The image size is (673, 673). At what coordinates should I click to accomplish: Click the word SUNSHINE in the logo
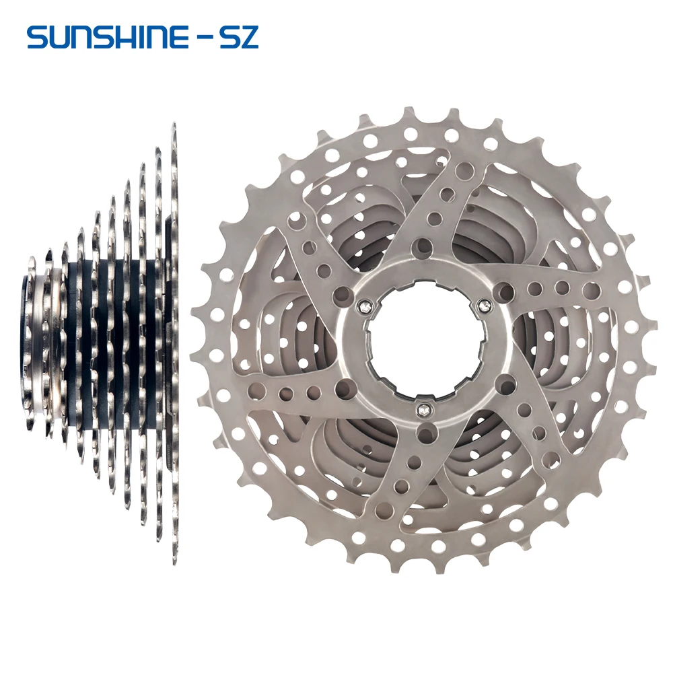click(x=107, y=38)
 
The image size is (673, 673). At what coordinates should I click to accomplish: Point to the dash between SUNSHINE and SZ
click(x=205, y=38)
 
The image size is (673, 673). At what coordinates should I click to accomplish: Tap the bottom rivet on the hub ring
click(x=423, y=410)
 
